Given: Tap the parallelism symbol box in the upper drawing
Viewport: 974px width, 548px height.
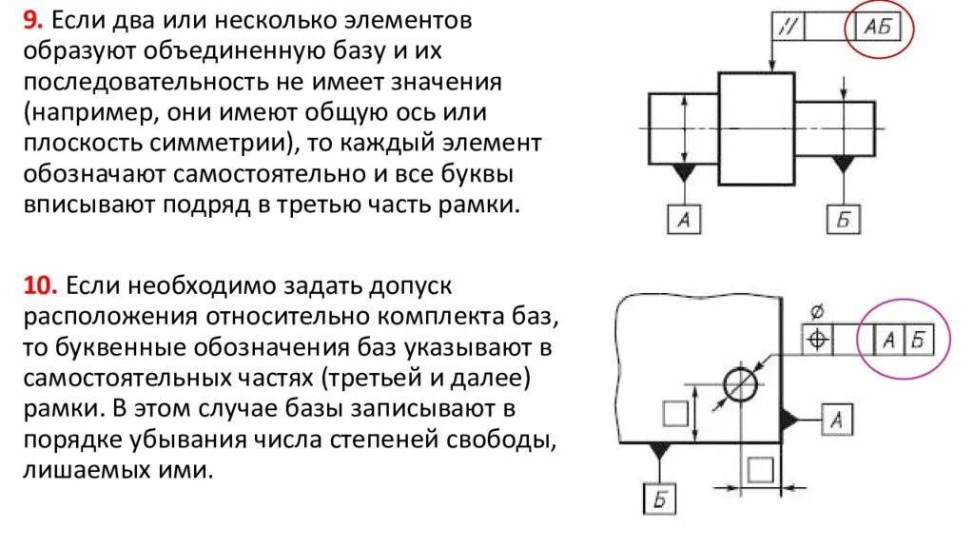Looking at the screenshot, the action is (789, 27).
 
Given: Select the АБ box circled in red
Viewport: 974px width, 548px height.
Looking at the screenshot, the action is (878, 27).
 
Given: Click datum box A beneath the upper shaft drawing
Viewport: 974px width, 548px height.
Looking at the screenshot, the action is (683, 220).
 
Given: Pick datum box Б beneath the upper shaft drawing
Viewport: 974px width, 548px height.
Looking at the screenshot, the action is (843, 220).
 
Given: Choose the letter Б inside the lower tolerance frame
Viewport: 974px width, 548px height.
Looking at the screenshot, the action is (917, 340).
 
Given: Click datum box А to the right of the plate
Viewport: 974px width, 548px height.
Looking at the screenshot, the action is (834, 418).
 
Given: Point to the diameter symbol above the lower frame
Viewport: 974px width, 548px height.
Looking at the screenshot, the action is (817, 311).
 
